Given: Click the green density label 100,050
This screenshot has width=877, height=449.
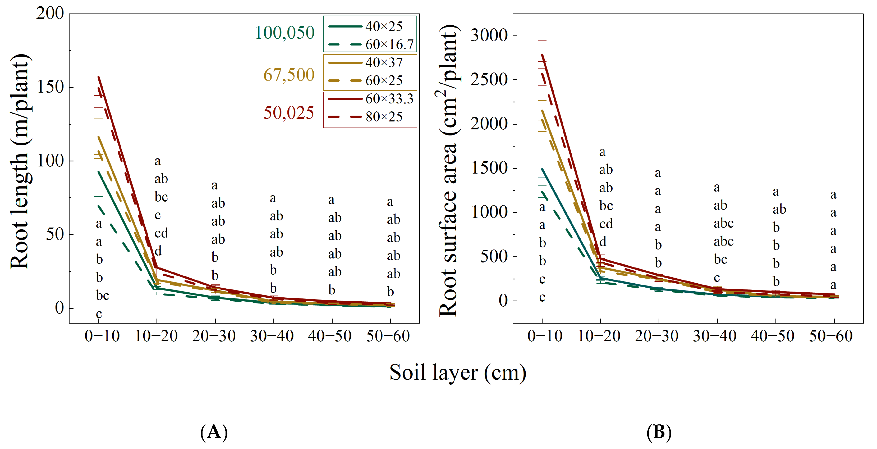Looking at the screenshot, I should coord(284,33).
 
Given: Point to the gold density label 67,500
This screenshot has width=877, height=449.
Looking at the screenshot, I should coord(289,75).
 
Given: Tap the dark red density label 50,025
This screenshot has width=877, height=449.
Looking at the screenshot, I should coord(289,113).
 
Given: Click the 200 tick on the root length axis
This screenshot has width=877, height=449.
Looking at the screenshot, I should coord(50,14).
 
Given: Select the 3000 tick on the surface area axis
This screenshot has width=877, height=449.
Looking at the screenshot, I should coord(489,35).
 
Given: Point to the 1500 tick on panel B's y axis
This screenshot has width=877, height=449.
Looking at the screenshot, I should coord(489,168).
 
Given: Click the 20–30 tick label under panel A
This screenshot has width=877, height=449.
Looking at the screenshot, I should coord(214,336).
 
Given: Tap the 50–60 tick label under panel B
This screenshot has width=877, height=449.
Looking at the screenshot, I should coord(831,336).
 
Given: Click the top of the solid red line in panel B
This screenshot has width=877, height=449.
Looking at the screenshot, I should coord(542,55).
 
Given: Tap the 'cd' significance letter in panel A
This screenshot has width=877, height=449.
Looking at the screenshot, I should coord(161,233).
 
